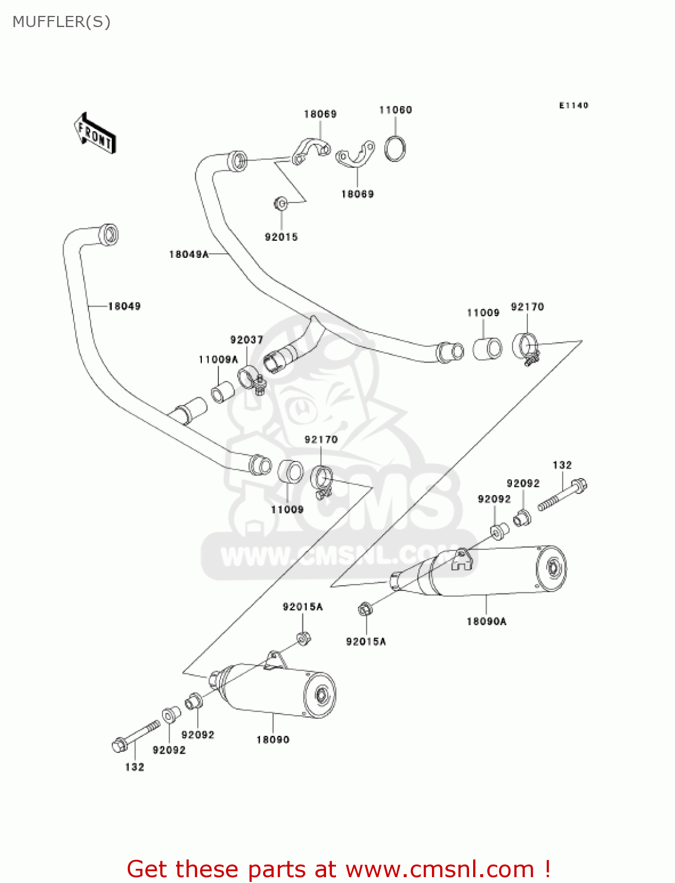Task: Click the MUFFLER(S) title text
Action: pyautogui.click(x=61, y=22)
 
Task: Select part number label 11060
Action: pyautogui.click(x=395, y=110)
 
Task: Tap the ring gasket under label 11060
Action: pyautogui.click(x=395, y=148)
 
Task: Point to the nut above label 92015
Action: pyautogui.click(x=281, y=204)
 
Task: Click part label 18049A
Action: pyautogui.click(x=189, y=254)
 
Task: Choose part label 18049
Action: pyautogui.click(x=124, y=306)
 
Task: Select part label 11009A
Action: pyautogui.click(x=218, y=360)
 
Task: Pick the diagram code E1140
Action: pyautogui.click(x=574, y=105)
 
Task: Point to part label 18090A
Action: pyautogui.click(x=487, y=621)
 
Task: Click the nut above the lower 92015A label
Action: pyautogui.click(x=364, y=609)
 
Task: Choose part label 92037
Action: pyautogui.click(x=247, y=340)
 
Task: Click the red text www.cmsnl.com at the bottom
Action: pyautogui.click(x=439, y=869)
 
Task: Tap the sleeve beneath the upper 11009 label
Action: pyautogui.click(x=487, y=348)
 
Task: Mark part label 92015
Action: pyautogui.click(x=281, y=237)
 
